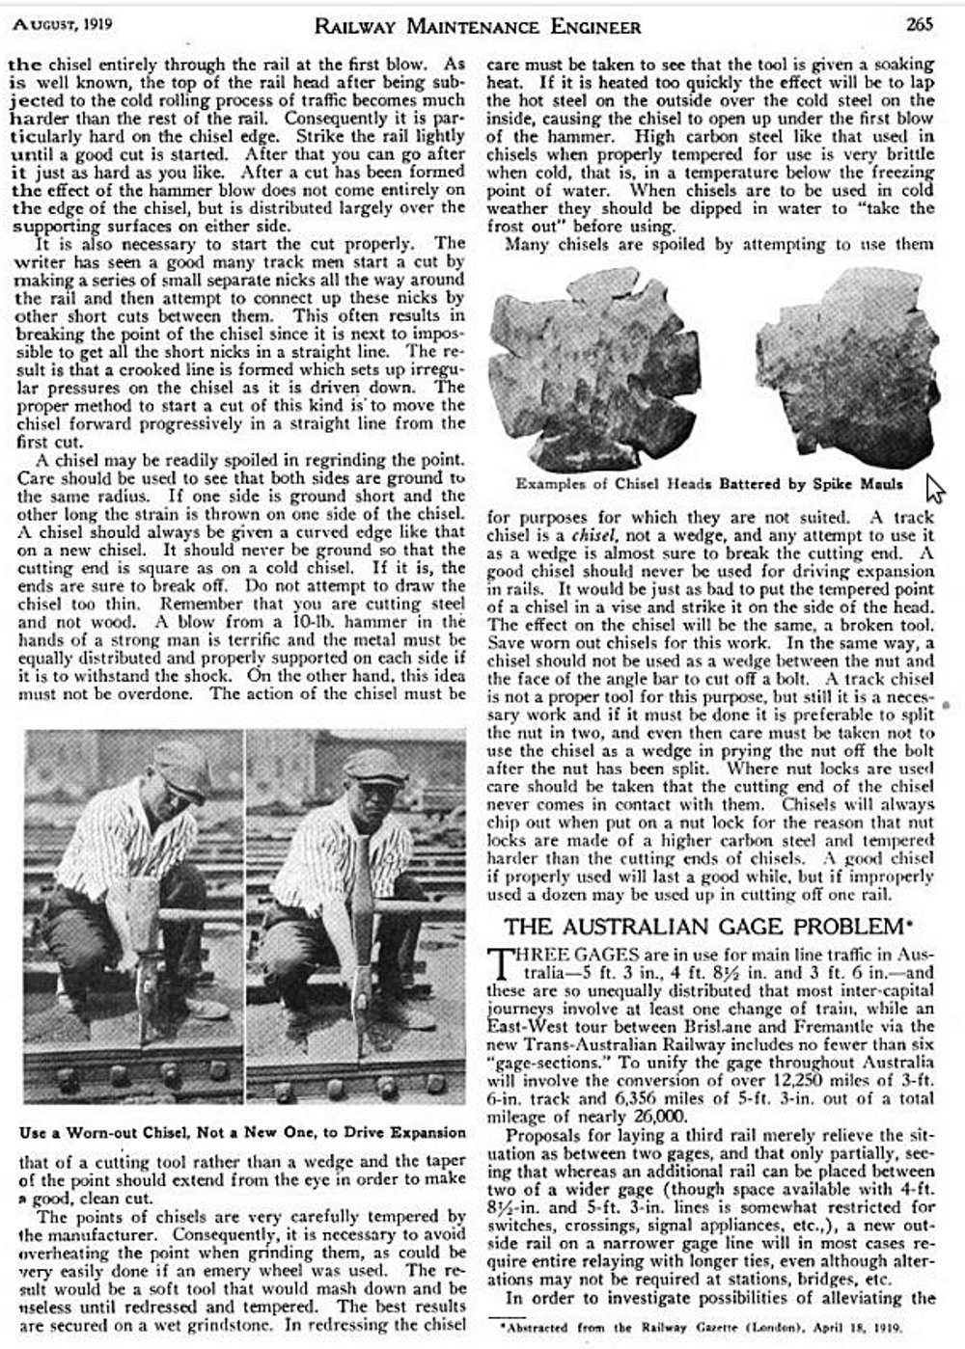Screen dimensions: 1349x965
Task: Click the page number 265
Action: [x=920, y=24]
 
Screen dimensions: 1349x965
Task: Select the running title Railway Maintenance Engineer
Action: [x=477, y=25]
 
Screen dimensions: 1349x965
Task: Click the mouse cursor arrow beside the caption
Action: [x=933, y=487]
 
